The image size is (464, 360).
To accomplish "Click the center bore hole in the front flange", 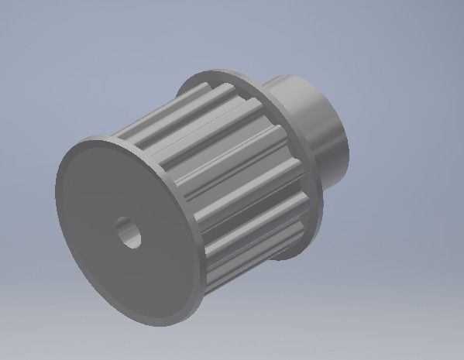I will coord(129,232).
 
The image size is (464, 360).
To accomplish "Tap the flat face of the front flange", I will coord(108,255).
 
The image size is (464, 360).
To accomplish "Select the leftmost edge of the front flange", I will coord(56,186).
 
